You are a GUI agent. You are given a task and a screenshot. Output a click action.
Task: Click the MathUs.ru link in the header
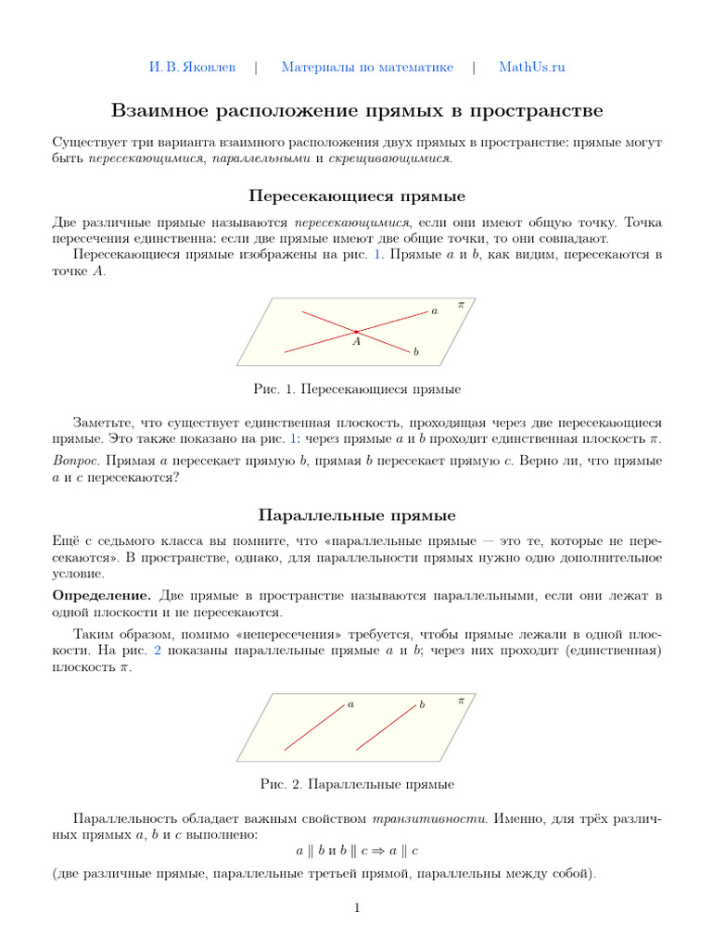point(531,67)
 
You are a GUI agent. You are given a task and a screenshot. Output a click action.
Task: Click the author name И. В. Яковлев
point(193,67)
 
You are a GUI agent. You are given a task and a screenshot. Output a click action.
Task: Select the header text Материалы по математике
point(367,67)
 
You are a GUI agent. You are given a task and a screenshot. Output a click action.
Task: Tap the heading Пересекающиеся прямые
point(356,196)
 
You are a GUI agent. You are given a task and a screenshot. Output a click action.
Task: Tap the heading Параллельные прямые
point(356,514)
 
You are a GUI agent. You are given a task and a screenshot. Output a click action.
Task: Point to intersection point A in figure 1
point(355,331)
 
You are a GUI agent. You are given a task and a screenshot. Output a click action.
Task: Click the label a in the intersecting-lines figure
point(434,311)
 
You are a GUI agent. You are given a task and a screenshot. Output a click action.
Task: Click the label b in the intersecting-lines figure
point(416,353)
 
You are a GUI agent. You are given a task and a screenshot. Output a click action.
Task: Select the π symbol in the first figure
point(461,304)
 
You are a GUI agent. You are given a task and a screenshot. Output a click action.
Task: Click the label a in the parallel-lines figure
point(350,704)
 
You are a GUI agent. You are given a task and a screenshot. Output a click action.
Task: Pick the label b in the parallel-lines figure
point(422,705)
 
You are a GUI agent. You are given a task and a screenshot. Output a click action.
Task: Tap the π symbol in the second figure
point(461,702)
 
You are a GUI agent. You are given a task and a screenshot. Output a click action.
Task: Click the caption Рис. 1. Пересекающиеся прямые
point(356,389)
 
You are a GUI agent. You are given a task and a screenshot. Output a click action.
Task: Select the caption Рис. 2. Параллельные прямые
point(356,784)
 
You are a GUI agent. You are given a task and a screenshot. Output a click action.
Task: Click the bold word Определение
point(102,594)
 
